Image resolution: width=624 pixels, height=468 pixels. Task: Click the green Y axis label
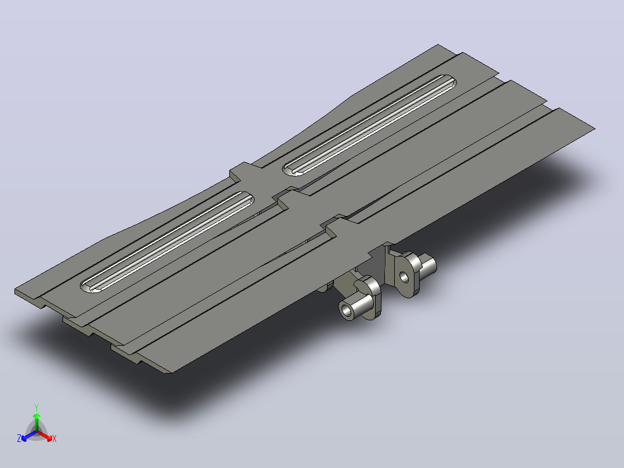pyautogui.click(x=36, y=407)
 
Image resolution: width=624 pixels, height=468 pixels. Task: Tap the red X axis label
pyautogui.click(x=54, y=438)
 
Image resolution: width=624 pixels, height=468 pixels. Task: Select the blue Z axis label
pyautogui.click(x=19, y=438)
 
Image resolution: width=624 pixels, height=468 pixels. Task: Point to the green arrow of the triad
pyautogui.click(x=36, y=422)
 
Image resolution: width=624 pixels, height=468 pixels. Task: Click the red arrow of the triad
pyautogui.click(x=45, y=436)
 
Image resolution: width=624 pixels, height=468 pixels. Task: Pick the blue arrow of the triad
pyautogui.click(x=29, y=436)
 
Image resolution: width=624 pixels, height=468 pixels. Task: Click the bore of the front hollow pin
pyautogui.click(x=347, y=309)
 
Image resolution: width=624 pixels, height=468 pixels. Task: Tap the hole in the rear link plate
pyautogui.click(x=404, y=276)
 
